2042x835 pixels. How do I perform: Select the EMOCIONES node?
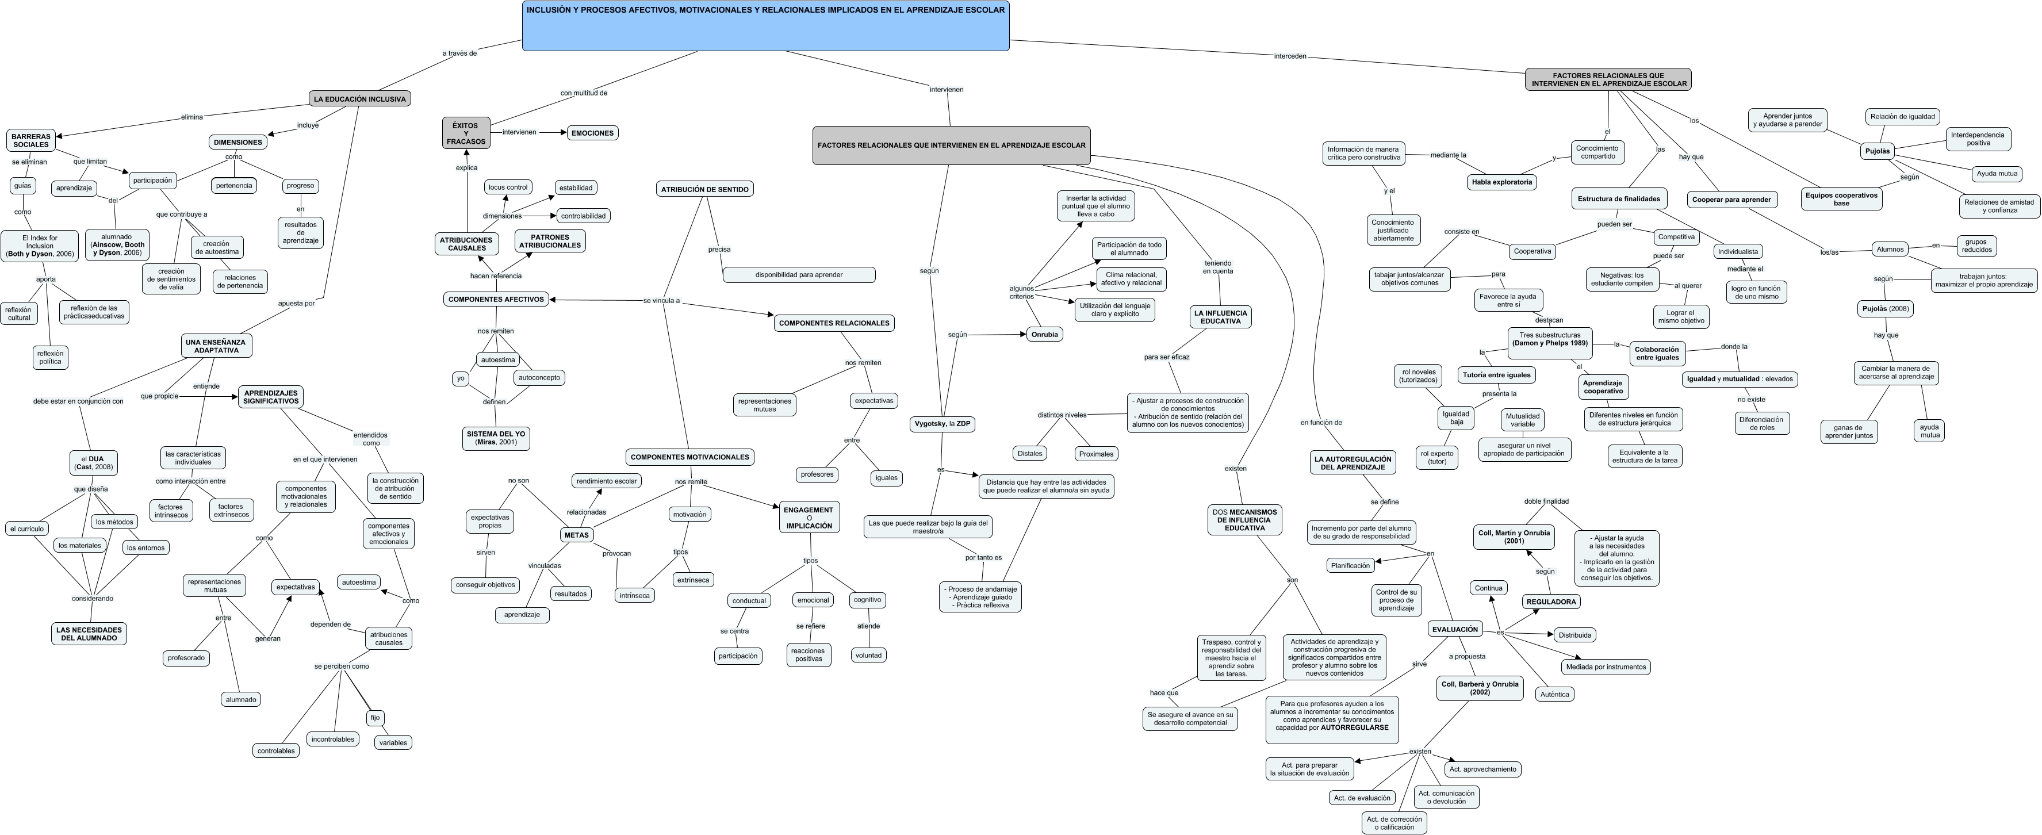(592, 133)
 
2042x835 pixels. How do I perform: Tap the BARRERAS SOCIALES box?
(31, 140)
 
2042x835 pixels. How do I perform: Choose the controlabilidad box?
(584, 216)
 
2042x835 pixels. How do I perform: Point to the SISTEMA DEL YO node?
(496, 438)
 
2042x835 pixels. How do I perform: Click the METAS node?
(576, 535)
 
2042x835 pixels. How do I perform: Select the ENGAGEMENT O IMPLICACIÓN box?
(809, 518)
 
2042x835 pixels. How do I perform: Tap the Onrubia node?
(1044, 335)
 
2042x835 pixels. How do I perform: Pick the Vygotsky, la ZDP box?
(943, 424)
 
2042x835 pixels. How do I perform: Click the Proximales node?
(1096, 454)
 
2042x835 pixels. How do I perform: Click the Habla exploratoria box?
(1501, 182)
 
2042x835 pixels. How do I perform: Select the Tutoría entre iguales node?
(1497, 375)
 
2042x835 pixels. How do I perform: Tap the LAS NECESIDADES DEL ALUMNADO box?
(89, 634)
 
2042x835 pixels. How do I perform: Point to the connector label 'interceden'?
(1290, 56)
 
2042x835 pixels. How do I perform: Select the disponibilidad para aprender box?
(799, 275)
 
